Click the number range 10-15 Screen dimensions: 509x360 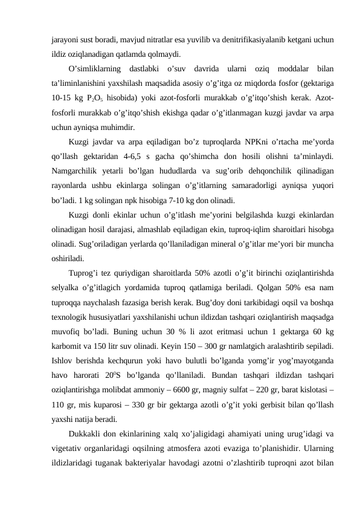click(62, 97)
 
